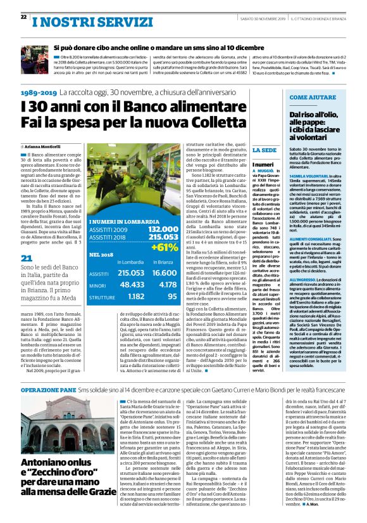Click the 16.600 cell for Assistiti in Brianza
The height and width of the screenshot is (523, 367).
(x=163, y=273)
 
